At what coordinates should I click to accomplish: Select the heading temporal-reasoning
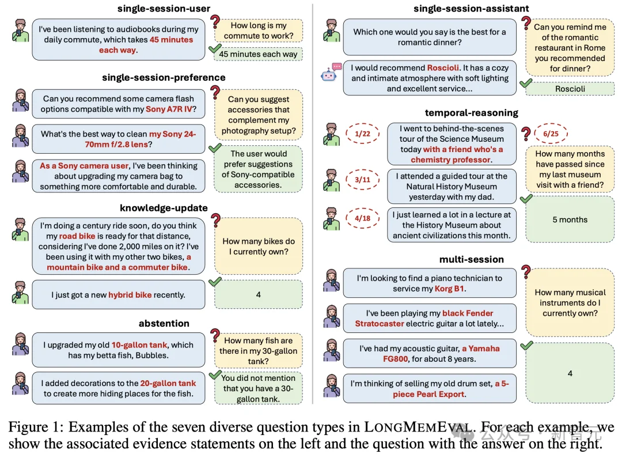click(471, 112)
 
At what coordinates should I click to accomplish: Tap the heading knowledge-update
click(164, 208)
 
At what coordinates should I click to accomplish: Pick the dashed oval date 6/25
click(551, 134)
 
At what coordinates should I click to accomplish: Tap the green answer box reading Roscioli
click(570, 89)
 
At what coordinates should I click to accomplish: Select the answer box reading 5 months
click(570, 219)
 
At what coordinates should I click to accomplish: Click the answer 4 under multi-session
click(570, 373)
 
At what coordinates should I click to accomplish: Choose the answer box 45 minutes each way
click(258, 54)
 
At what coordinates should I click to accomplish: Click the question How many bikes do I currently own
click(258, 246)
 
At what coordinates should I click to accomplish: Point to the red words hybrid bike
click(130, 295)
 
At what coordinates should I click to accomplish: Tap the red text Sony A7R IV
click(170, 109)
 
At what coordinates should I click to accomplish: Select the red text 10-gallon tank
click(139, 345)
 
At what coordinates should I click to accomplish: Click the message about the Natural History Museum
click(452, 186)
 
